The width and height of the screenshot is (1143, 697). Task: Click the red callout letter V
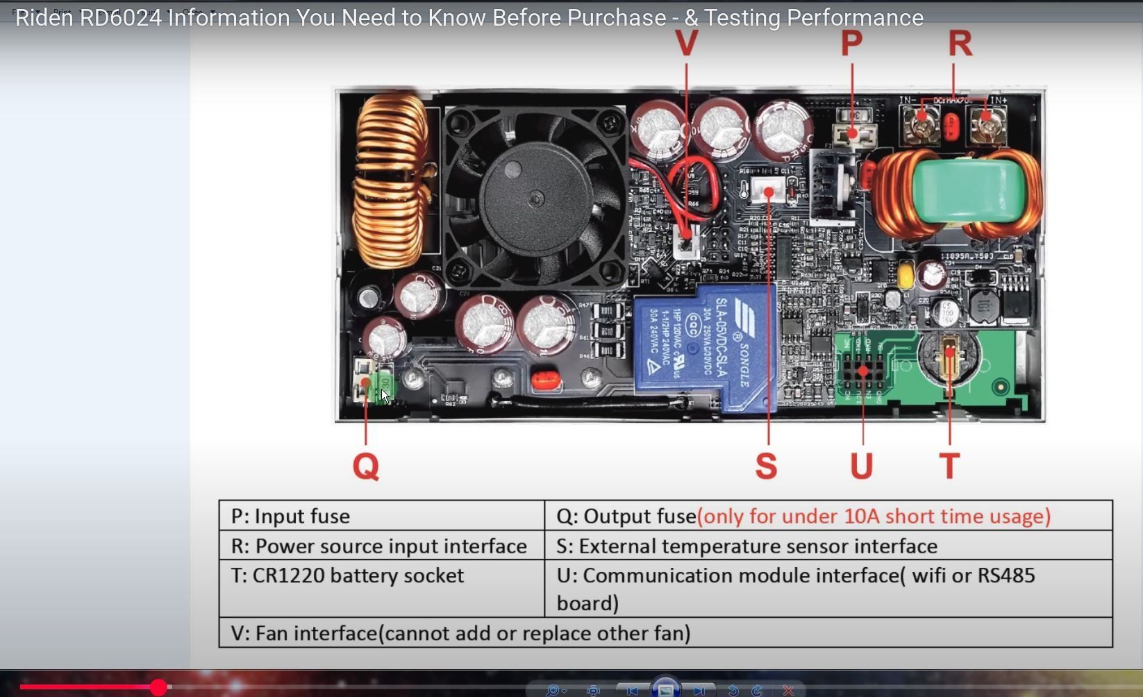pos(686,43)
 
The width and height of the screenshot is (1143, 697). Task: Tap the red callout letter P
pos(851,43)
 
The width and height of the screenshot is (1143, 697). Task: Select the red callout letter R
pos(960,43)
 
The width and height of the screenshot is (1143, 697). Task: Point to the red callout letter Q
pos(366,466)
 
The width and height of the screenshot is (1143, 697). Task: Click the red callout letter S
pos(766,466)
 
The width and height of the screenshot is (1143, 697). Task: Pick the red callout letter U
pos(862,466)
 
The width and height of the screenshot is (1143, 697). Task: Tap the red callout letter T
pos(949,466)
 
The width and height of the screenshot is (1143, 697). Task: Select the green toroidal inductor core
pos(958,191)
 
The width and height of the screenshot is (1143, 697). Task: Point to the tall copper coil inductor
pos(391,180)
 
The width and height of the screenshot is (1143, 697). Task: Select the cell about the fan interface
pos(460,633)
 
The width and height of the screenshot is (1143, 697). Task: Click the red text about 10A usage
pos(874,516)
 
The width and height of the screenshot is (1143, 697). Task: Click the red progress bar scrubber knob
pos(158,687)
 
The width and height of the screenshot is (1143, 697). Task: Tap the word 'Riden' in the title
pos(44,18)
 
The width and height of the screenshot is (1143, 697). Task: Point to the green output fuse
pos(383,386)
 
